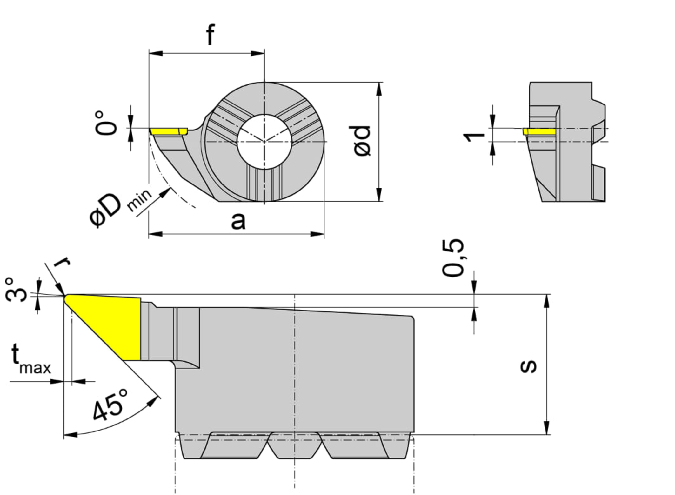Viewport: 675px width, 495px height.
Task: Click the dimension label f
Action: click(210, 34)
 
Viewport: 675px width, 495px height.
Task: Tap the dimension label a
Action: click(238, 221)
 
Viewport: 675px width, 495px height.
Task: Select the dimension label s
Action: click(528, 366)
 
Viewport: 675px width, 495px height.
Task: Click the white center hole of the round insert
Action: click(264, 142)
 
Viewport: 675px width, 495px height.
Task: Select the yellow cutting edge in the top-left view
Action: click(169, 131)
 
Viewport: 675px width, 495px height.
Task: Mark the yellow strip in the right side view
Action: click(539, 131)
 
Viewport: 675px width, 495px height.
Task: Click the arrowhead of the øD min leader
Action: click(165, 191)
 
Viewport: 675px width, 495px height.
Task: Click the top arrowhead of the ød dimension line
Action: click(378, 89)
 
